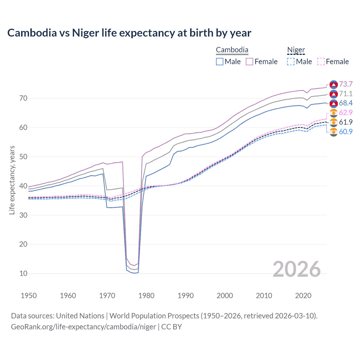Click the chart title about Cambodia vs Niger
point(129,33)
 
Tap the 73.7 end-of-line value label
point(346,84)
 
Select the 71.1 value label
point(346,94)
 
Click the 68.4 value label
point(346,103)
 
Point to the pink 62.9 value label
point(346,113)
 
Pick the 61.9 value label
point(346,122)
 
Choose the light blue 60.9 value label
point(346,132)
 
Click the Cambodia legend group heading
point(232,50)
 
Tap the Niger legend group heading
point(296,50)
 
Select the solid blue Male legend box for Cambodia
point(220,62)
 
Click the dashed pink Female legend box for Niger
point(321,62)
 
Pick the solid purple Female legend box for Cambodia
point(249,62)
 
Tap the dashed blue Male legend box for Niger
point(291,62)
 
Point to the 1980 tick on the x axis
point(146,296)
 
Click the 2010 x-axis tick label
point(264,296)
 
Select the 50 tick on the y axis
point(23,157)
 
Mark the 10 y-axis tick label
point(23,273)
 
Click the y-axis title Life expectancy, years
point(12,180)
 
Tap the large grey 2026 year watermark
point(297,269)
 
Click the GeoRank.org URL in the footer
point(84,327)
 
